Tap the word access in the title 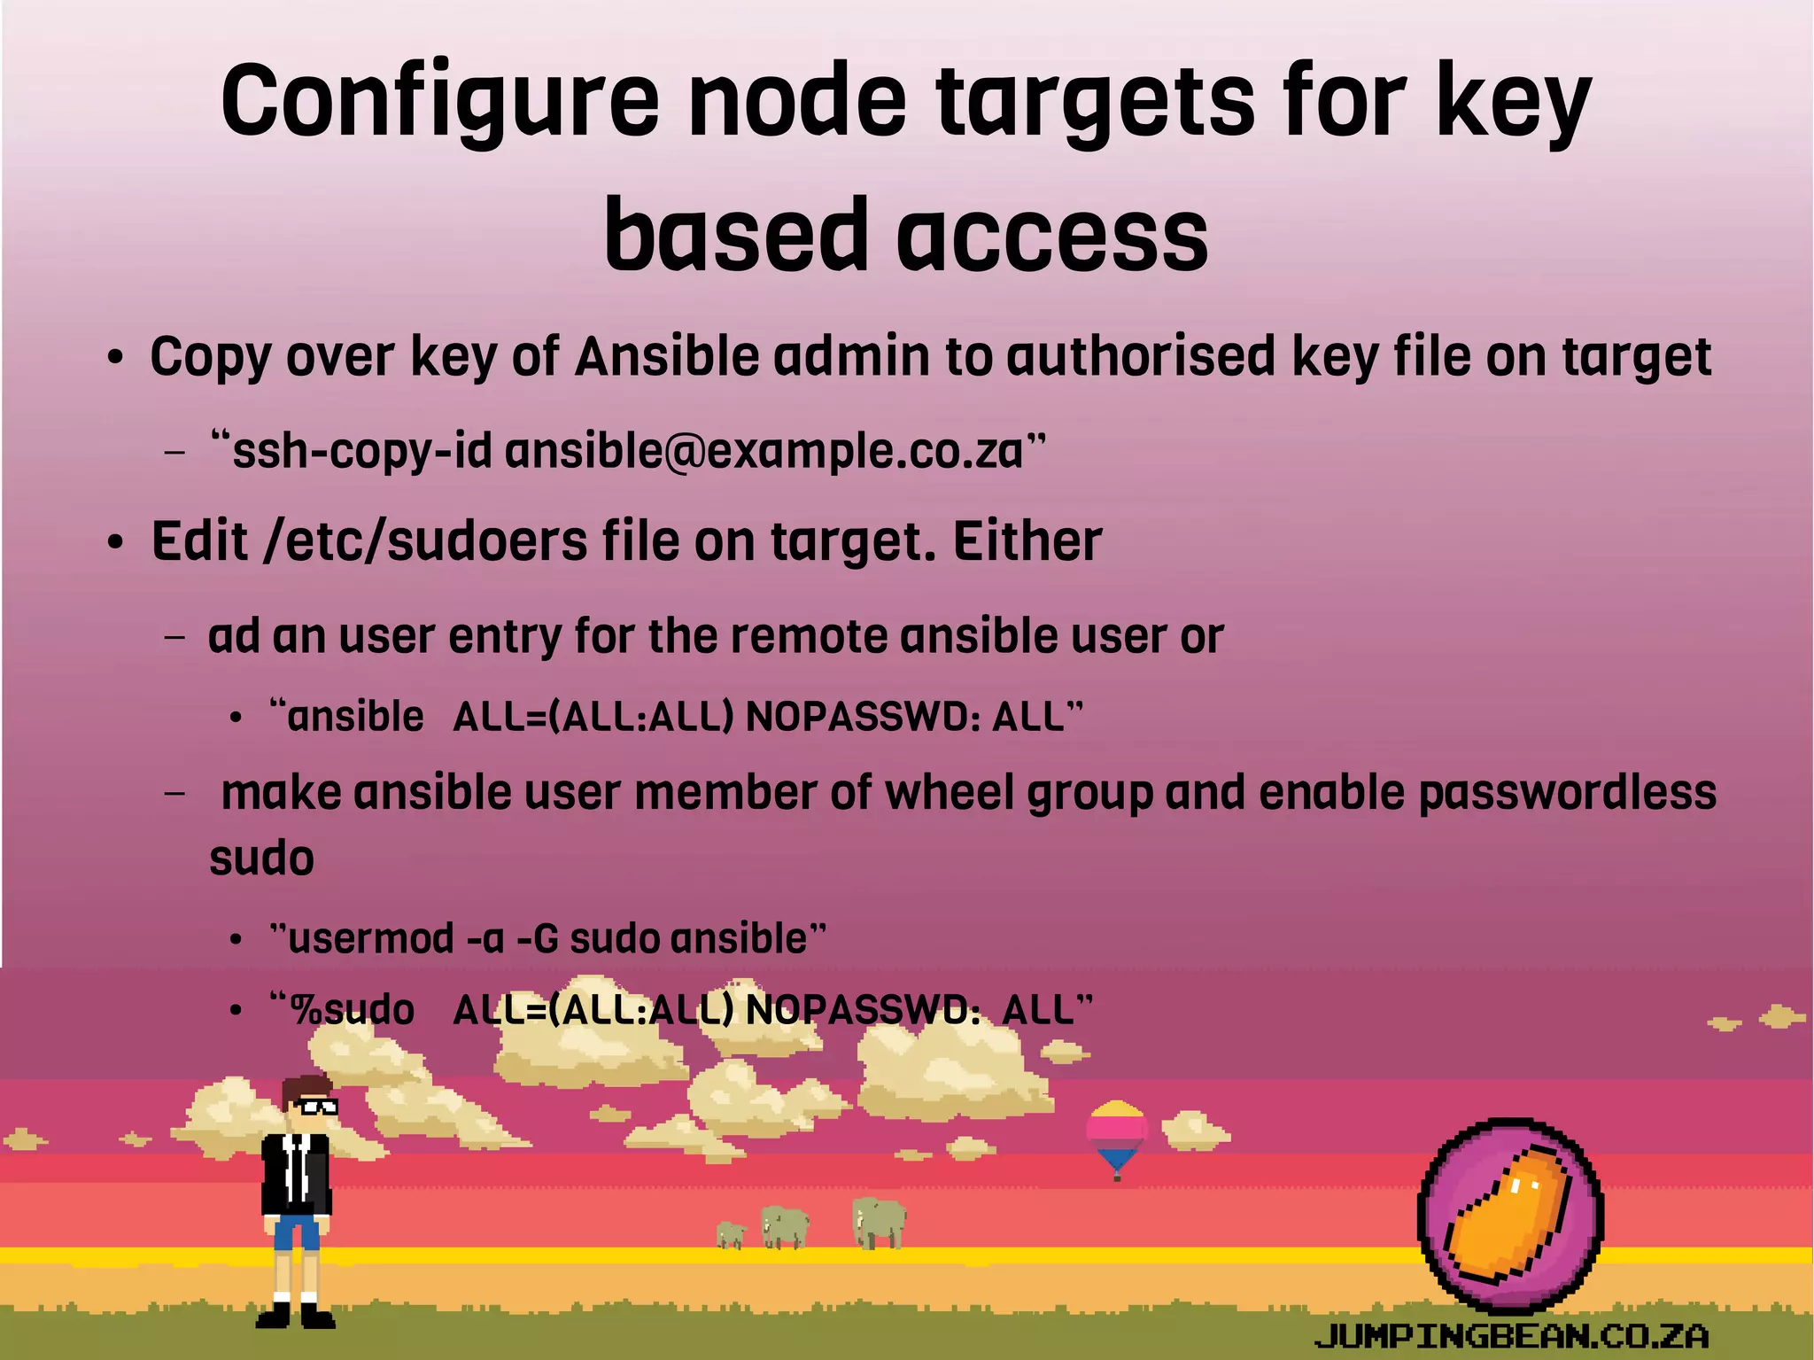[x=1052, y=235]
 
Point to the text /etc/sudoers [x=426, y=541]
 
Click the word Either [x=1027, y=541]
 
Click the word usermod [x=371, y=938]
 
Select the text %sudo [x=353, y=1010]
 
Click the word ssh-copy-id [x=361, y=451]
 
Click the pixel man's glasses [x=317, y=1106]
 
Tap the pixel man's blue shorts [x=297, y=1232]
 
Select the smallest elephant [x=731, y=1234]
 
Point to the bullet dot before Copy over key [x=113, y=360]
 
